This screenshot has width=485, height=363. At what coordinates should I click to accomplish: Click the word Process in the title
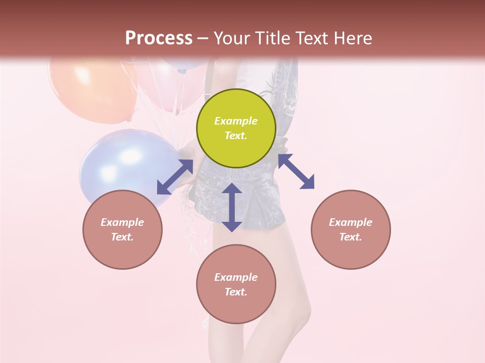pyautogui.click(x=159, y=38)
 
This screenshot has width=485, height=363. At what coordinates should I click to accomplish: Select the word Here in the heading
pyautogui.click(x=352, y=38)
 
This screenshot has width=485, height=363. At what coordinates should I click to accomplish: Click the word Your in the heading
pyautogui.click(x=231, y=38)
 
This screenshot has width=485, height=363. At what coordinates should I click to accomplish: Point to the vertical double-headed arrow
pyautogui.click(x=232, y=207)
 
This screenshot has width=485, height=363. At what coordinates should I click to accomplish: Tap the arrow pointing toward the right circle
pyautogui.click(x=296, y=171)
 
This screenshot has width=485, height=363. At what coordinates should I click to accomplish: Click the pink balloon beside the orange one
pyautogui.click(x=167, y=86)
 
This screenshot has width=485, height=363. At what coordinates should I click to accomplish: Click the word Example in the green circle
pyautogui.click(x=236, y=121)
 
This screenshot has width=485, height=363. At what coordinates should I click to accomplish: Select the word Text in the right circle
pyautogui.click(x=351, y=237)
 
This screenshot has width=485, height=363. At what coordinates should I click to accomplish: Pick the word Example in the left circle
pyautogui.click(x=122, y=222)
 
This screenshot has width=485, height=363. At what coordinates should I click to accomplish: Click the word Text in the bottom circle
pyautogui.click(x=236, y=292)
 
